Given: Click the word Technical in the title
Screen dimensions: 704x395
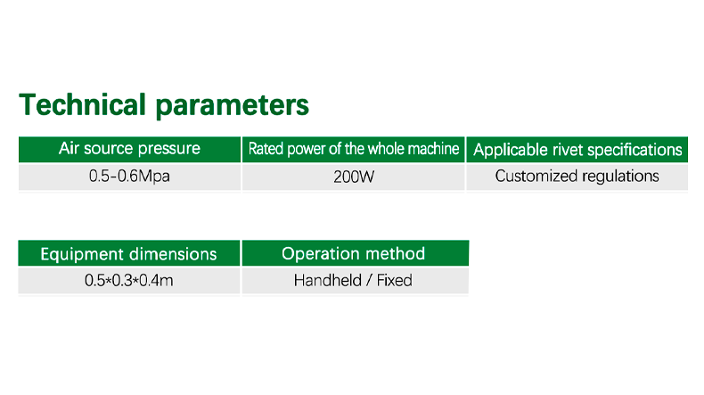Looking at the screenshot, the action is (83, 104).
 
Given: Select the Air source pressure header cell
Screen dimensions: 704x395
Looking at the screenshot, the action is (129, 149).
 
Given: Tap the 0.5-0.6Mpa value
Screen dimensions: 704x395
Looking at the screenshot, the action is (129, 177).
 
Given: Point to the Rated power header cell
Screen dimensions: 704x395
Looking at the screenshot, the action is (354, 149).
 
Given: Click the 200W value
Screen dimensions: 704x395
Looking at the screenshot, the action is (354, 177).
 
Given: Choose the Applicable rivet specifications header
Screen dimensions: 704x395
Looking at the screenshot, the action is (577, 150).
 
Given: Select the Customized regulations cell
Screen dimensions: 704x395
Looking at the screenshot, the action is (577, 177).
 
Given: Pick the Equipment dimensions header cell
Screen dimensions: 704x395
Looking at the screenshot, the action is (129, 253).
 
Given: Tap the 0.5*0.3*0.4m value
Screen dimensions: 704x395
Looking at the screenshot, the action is (129, 280).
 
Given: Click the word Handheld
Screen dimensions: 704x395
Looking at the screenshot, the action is (328, 280).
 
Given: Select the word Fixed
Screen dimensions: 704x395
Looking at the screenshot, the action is (394, 280).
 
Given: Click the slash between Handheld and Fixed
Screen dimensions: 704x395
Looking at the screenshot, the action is (369, 280).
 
